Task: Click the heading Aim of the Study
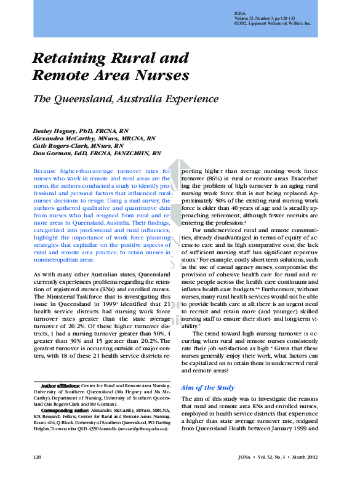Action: click(x=207, y=387)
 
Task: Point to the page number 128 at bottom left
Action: click(x=36, y=457)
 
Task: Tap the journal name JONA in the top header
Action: click(x=241, y=13)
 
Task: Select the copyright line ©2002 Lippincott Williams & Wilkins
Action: click(x=273, y=23)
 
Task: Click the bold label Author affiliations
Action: click(x=60, y=385)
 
